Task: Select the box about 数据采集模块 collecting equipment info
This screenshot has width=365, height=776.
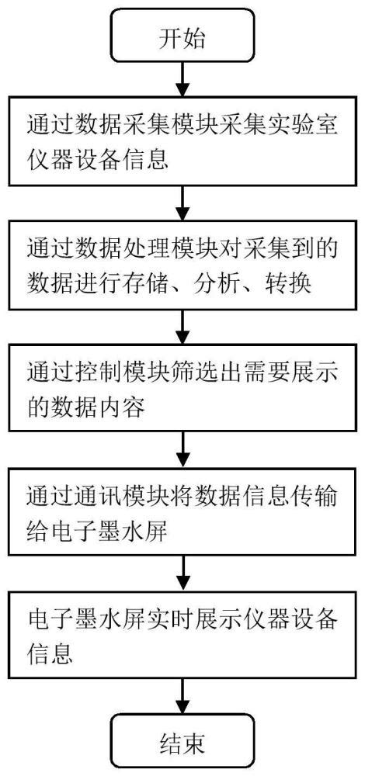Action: [182, 144]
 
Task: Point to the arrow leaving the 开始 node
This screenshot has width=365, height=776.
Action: [182, 78]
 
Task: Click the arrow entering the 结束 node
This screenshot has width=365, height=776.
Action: [182, 693]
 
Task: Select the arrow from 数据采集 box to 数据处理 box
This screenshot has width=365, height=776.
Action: [182, 205]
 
